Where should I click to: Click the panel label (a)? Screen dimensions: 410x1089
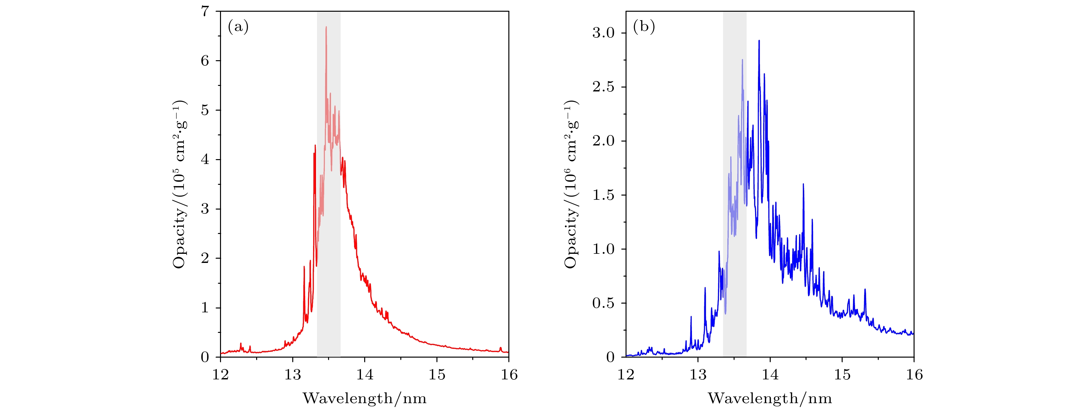(238, 27)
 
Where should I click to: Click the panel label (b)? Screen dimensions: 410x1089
(643, 27)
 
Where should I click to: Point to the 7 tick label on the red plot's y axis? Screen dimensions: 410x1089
(205, 11)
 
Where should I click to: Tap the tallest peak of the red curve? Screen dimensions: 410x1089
(326, 27)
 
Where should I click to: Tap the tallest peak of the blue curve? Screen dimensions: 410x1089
(759, 41)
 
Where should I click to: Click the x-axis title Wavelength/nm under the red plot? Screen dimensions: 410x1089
(365, 398)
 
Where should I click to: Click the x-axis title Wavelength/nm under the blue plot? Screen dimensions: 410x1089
(770, 398)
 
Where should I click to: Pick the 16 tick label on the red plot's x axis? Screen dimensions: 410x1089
(509, 375)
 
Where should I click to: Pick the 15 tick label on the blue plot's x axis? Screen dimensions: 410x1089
(842, 375)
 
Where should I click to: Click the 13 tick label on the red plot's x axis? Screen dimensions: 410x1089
(293, 375)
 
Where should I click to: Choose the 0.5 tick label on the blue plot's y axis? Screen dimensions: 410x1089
(603, 303)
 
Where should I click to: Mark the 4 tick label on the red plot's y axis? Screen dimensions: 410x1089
(205, 160)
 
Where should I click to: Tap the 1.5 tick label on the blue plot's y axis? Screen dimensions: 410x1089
(603, 195)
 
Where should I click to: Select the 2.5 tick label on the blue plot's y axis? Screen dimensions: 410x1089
(603, 87)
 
